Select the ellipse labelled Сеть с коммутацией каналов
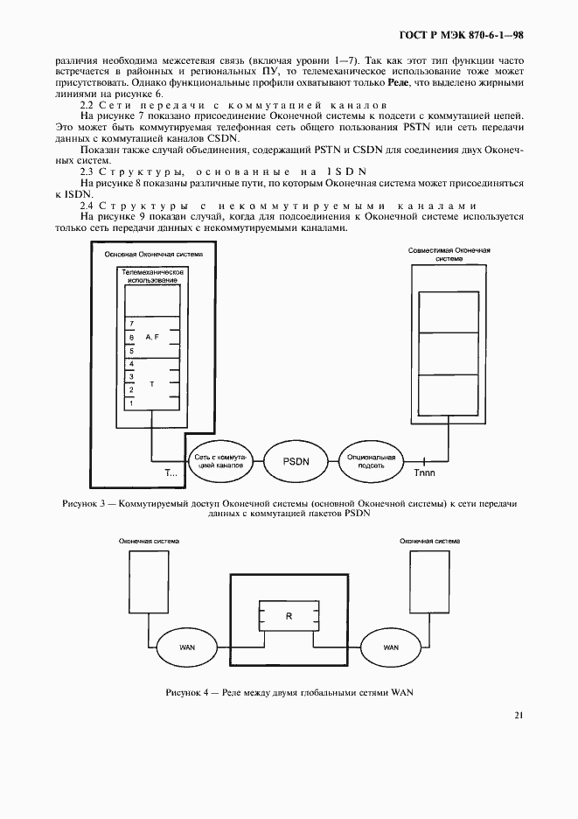coord(219,461)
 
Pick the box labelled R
coord(288,617)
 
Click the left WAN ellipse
coord(186,647)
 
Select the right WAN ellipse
coord(390,647)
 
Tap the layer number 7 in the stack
coord(131,323)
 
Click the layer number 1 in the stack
coord(131,402)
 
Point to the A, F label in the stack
coord(152,336)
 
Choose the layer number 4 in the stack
coord(131,362)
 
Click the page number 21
coord(518,715)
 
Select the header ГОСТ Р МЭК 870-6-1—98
coord(461,36)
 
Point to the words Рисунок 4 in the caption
coord(186,693)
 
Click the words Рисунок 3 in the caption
coord(85,504)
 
